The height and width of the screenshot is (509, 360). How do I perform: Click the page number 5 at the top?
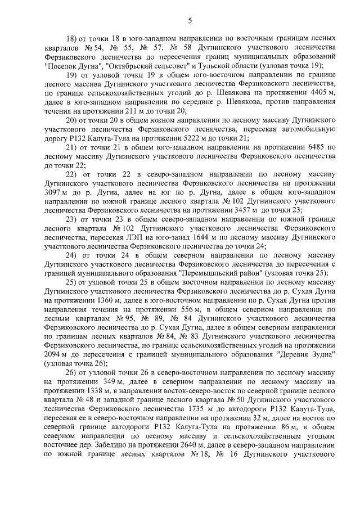click(x=190, y=21)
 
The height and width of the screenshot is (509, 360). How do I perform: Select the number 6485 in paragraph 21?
click(x=309, y=147)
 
